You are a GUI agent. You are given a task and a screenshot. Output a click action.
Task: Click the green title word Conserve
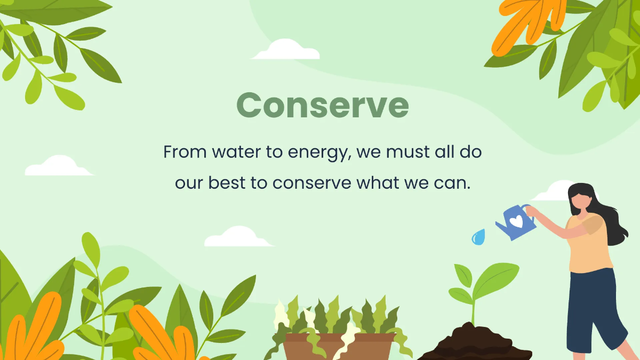click(x=322, y=106)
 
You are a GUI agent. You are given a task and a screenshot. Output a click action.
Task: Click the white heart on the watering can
click(x=516, y=221)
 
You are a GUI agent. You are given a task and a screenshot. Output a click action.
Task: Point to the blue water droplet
click(x=478, y=237)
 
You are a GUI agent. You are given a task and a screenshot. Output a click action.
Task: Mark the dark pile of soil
click(x=475, y=344)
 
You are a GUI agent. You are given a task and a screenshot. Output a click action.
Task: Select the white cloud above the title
click(x=285, y=51)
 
